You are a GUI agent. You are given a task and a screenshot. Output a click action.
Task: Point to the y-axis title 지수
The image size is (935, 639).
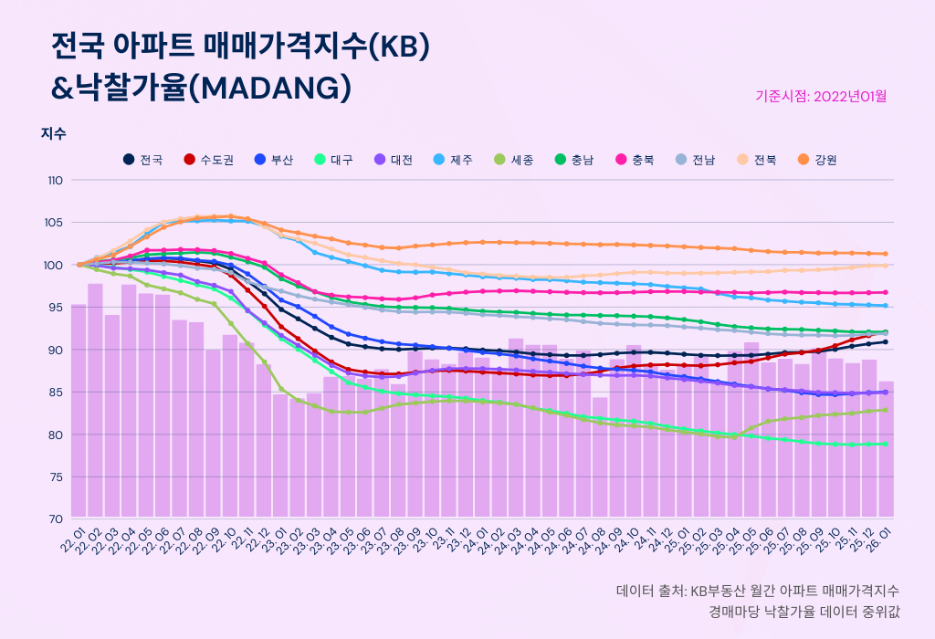tap(53, 133)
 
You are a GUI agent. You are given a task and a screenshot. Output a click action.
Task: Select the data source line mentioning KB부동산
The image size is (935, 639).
tap(757, 591)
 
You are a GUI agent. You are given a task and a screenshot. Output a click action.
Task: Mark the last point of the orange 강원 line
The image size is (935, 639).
tap(886, 254)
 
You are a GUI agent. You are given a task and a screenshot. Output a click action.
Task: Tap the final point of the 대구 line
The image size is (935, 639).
tap(886, 444)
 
